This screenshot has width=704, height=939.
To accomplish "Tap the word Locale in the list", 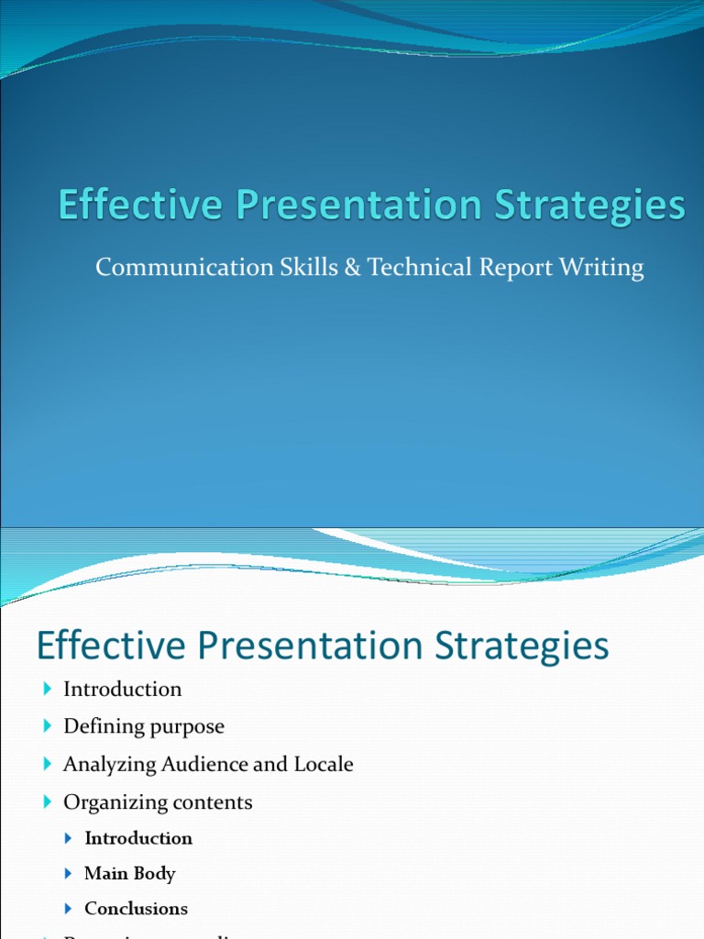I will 323,764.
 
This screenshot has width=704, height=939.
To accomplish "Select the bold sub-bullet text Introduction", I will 138,838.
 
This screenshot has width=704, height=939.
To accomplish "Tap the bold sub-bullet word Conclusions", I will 136,909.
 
